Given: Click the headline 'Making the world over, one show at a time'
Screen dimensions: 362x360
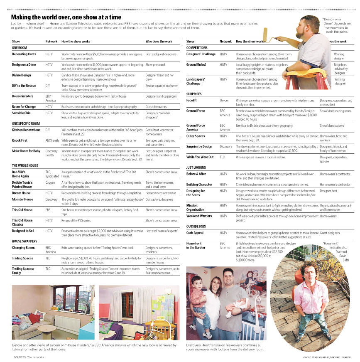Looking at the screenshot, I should click(66, 17).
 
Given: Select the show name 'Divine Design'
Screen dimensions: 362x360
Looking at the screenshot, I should click(21, 75).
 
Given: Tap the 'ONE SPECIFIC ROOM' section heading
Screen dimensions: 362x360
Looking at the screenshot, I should click(26, 123).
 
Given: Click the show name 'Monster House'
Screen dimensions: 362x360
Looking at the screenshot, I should click(22, 199).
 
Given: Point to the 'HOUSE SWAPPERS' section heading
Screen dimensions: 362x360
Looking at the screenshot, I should click(24, 241).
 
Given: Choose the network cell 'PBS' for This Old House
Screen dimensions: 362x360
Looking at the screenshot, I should click(48, 210).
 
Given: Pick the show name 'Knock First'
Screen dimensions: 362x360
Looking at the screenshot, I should click(20, 140).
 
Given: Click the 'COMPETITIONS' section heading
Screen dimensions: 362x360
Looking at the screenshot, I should click(197, 48).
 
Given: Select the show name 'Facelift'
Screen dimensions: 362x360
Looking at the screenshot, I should click(191, 100).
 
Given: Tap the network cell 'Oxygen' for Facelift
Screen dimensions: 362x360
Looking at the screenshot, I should click(224, 100).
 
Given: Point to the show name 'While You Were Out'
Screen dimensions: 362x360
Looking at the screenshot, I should click(200, 157).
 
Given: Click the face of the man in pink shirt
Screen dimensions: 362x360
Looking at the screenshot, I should click(306, 270).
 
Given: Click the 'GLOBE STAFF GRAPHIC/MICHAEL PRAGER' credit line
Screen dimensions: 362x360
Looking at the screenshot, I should click(327, 357).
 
